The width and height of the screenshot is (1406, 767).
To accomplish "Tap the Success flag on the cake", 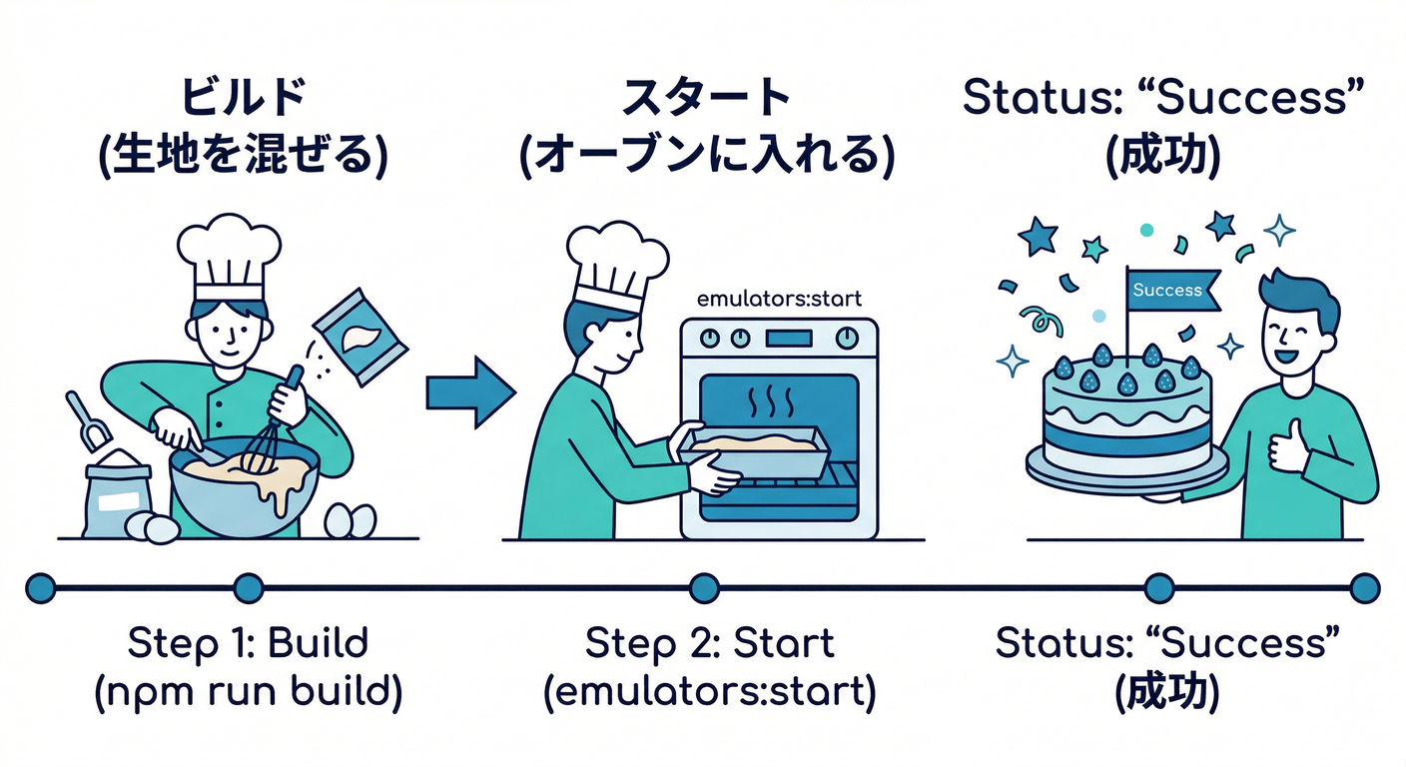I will (1169, 291).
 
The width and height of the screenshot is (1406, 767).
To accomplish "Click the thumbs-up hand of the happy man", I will (1287, 446).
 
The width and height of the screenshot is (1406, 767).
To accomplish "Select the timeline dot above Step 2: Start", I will (704, 588).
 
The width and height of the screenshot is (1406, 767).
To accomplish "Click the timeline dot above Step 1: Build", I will (247, 588).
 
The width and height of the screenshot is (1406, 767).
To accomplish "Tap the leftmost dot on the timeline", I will (40, 588).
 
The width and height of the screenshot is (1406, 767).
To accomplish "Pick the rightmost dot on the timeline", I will (1363, 588).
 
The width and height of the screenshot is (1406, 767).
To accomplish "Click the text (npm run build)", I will (248, 694).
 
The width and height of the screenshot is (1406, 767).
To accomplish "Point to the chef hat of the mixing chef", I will (229, 256).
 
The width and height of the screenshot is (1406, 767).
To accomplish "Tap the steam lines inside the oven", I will (771, 403).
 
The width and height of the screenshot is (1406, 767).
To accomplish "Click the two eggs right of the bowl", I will (351, 520).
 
